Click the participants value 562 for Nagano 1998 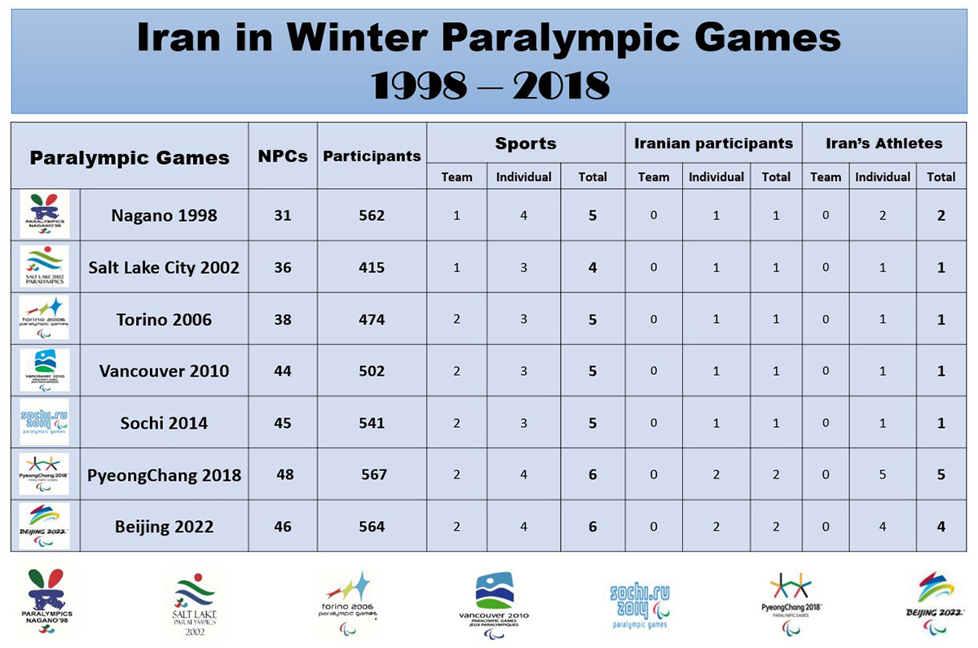pyautogui.click(x=372, y=216)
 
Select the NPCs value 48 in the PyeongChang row pyautogui.click(x=285, y=474)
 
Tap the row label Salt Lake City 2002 pyautogui.click(x=164, y=267)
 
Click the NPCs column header pyautogui.click(x=283, y=156)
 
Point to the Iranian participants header pyautogui.click(x=713, y=143)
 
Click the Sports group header pyautogui.click(x=526, y=143)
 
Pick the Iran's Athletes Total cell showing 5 pyautogui.click(x=941, y=474)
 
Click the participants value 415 pyautogui.click(x=372, y=267)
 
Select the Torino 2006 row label pyautogui.click(x=164, y=320)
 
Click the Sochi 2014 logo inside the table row pyautogui.click(x=45, y=422)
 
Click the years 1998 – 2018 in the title pyautogui.click(x=490, y=86)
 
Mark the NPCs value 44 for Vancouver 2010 pyautogui.click(x=283, y=371)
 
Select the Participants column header pyautogui.click(x=372, y=156)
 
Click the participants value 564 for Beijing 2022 pyautogui.click(x=372, y=527)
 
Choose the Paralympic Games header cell pyautogui.click(x=130, y=157)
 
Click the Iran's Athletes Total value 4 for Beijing pyautogui.click(x=941, y=527)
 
